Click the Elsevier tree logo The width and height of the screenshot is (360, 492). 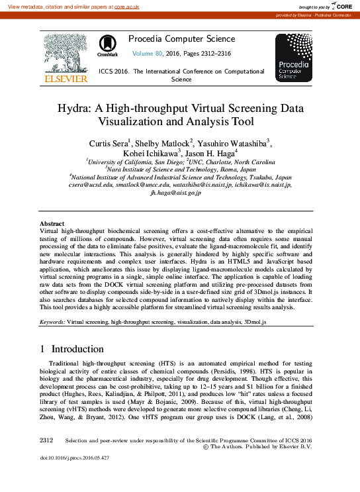click(x=65, y=54)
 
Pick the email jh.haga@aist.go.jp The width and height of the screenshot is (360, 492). click(x=180, y=195)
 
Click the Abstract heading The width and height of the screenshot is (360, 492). click(x=52, y=224)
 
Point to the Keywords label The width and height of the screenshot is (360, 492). click(x=52, y=321)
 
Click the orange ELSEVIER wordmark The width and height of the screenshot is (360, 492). click(x=65, y=79)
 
